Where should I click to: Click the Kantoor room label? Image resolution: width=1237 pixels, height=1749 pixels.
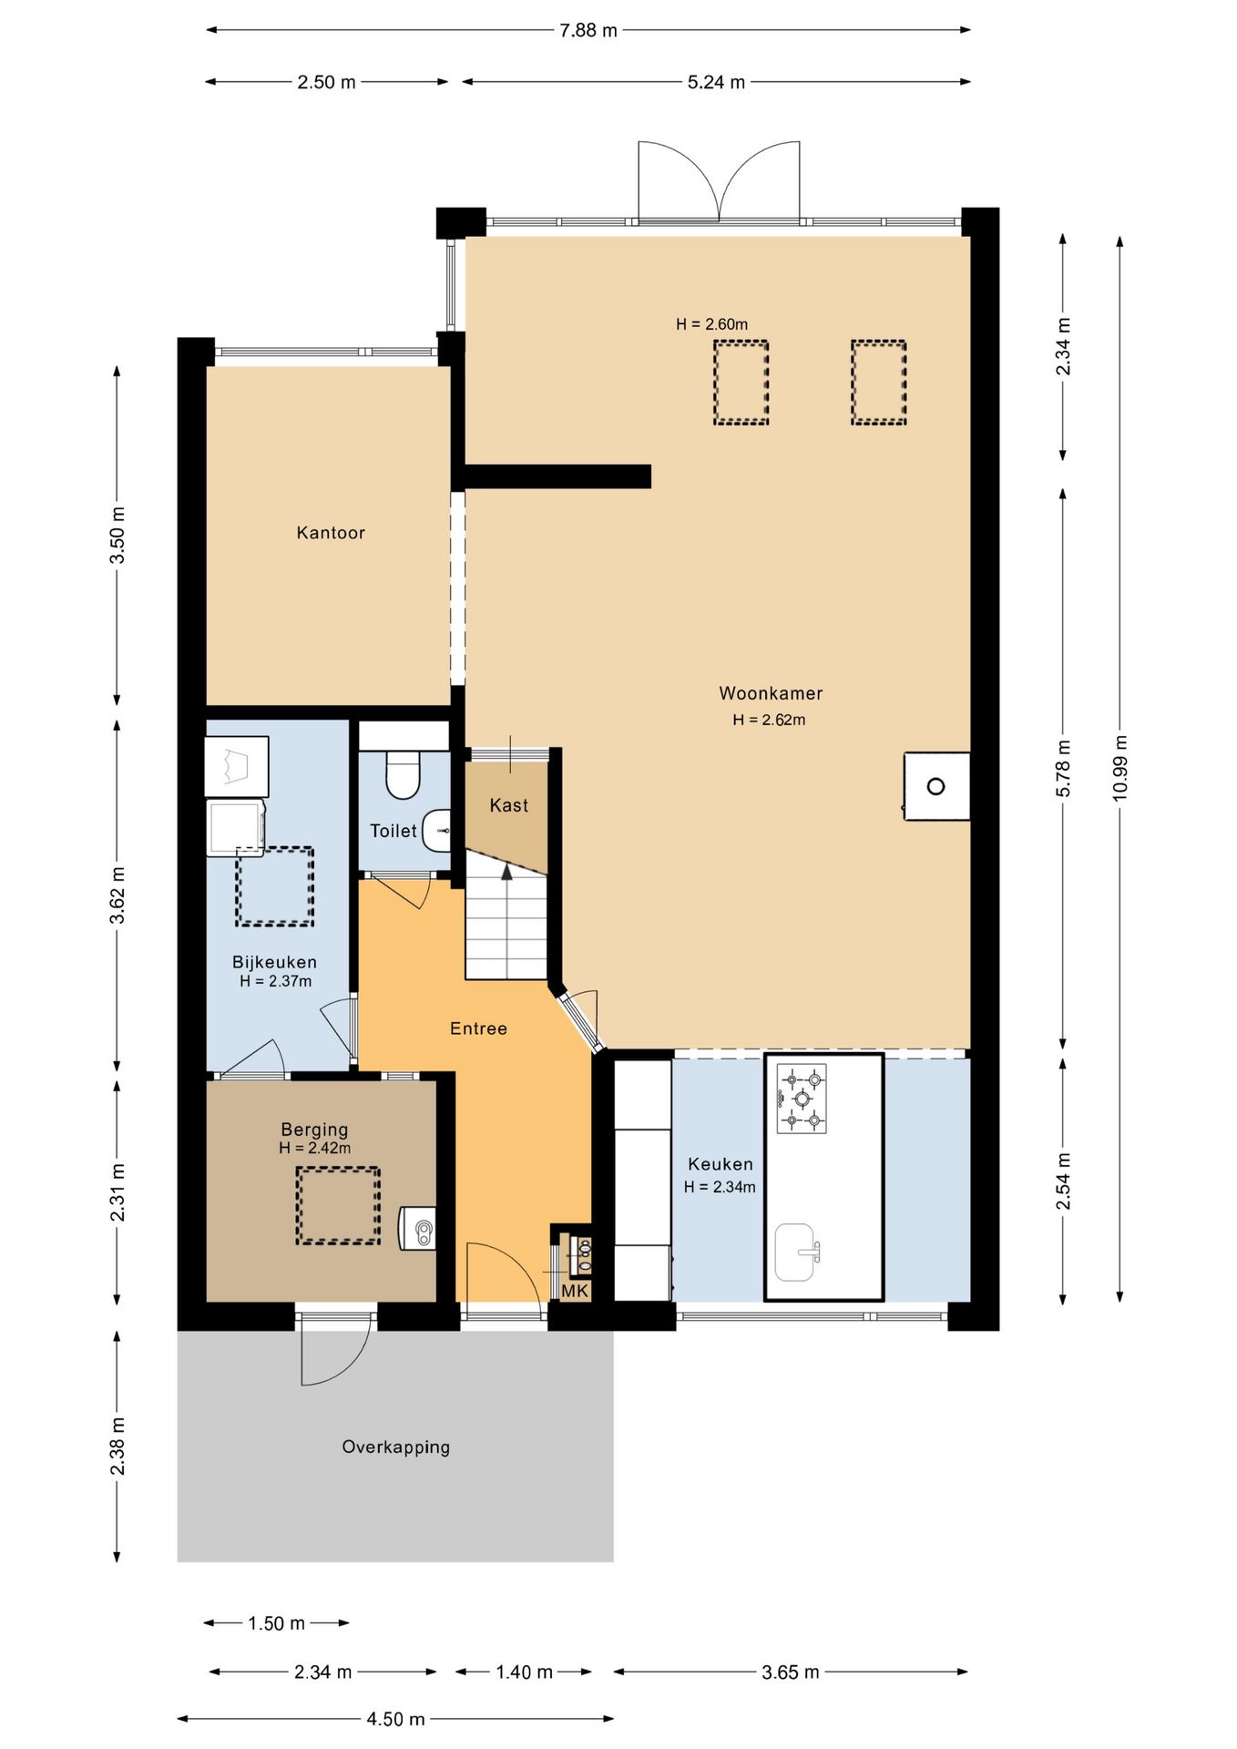coord(331,533)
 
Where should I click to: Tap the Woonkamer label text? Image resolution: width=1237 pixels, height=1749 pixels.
coord(771,693)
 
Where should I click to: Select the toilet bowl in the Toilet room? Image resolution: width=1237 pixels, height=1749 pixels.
coord(403,774)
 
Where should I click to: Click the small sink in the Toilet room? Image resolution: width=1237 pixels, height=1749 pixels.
coord(438,830)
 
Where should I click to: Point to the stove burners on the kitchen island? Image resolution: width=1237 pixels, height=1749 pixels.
coord(802,1099)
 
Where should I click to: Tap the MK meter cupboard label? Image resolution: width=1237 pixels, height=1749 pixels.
coord(575,1291)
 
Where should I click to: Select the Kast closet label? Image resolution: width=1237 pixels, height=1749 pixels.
coord(508,805)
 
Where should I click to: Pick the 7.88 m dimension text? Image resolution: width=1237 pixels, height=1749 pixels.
coord(588,30)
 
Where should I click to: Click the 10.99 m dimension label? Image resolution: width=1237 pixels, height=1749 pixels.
coord(1119,768)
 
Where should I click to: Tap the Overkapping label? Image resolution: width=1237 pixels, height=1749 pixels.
coord(396,1447)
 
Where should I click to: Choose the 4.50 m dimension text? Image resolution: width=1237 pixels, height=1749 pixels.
coord(396,1719)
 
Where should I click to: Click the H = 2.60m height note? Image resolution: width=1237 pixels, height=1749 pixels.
coord(712,324)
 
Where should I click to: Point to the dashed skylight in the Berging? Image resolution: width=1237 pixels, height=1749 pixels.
coord(338,1206)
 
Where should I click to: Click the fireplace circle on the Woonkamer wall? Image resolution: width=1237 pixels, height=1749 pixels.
coord(935,786)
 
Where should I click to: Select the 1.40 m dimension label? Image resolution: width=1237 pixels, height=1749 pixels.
coord(524,1672)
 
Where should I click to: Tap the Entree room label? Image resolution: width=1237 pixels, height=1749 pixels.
coord(478,1028)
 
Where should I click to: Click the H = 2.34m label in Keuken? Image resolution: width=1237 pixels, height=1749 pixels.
coord(720,1187)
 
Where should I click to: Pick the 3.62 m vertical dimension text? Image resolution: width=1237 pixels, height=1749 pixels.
coord(118,895)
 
